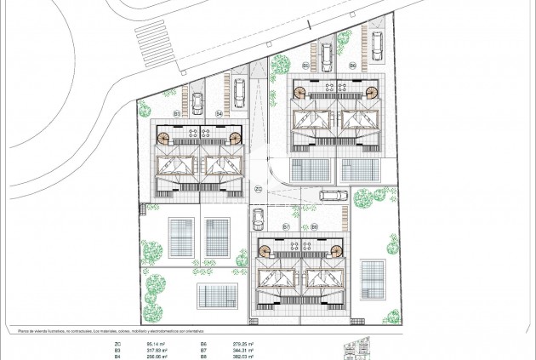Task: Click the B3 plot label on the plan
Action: [x=177, y=112]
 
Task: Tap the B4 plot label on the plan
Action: [x=219, y=112]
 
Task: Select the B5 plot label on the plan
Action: [x=305, y=65]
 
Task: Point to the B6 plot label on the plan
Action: [x=351, y=65]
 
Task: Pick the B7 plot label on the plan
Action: [x=286, y=227]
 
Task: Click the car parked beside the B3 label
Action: [x=197, y=103]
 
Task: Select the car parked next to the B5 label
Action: [x=326, y=55]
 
